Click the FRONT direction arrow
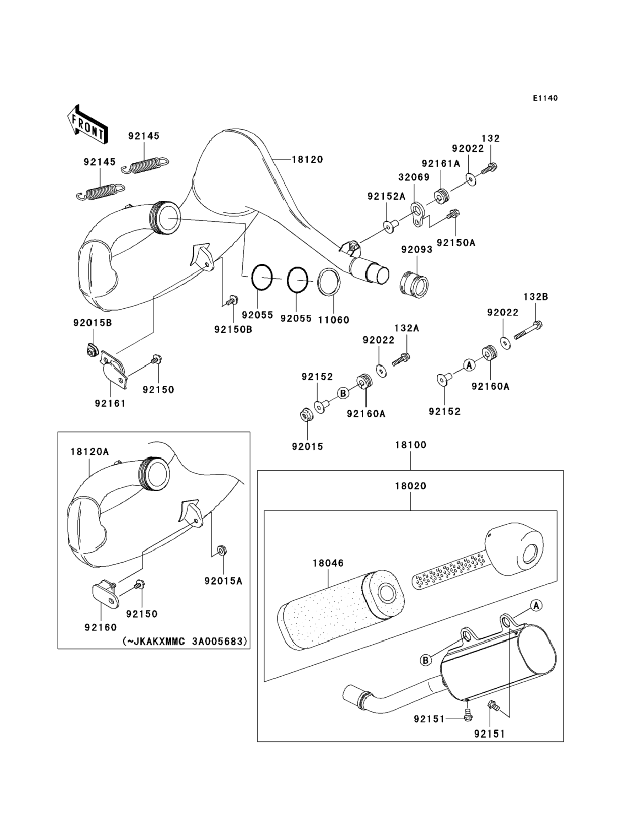click(x=87, y=124)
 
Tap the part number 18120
click(x=307, y=159)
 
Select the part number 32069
click(x=414, y=177)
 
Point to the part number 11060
click(x=334, y=320)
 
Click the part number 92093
click(x=417, y=249)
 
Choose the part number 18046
click(x=328, y=563)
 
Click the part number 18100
click(x=410, y=445)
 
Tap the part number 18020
click(x=410, y=486)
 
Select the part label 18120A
click(x=90, y=451)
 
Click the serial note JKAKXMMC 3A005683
click(x=185, y=641)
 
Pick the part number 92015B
click(x=93, y=323)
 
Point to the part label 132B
click(x=536, y=297)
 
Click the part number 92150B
click(x=233, y=329)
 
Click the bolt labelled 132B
click(x=528, y=331)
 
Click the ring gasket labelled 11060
click(x=329, y=282)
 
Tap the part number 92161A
click(x=441, y=164)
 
